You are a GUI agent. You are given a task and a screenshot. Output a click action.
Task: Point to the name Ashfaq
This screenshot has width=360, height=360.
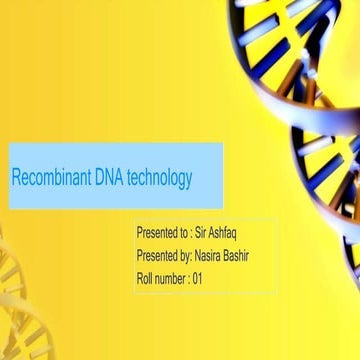227,232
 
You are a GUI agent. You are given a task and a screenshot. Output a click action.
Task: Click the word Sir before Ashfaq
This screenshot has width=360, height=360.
203,232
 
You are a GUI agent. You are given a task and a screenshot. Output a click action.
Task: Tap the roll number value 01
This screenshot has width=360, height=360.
198,279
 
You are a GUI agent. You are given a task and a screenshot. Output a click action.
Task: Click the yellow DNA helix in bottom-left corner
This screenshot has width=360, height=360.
14,300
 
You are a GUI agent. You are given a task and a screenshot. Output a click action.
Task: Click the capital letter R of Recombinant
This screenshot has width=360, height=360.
16,178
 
